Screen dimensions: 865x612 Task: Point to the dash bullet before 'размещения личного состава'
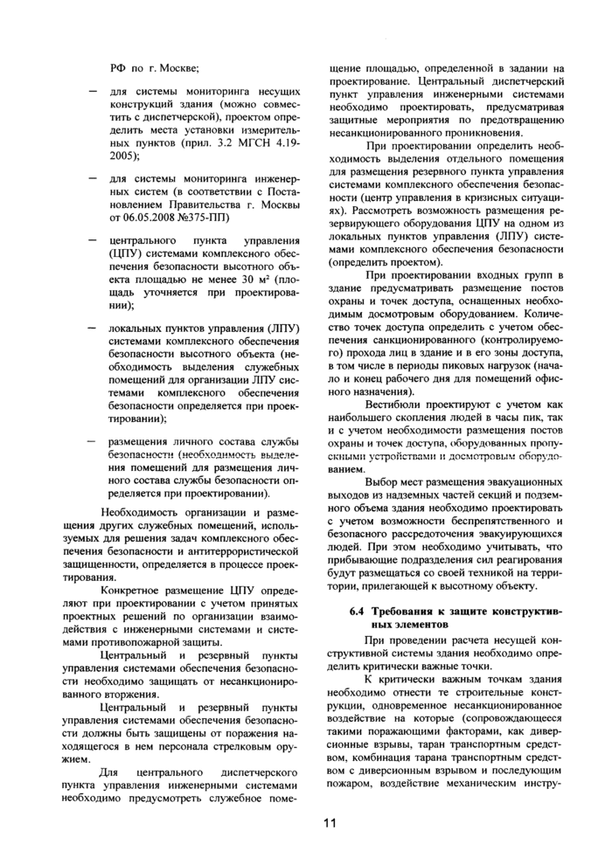coord(93,441)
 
